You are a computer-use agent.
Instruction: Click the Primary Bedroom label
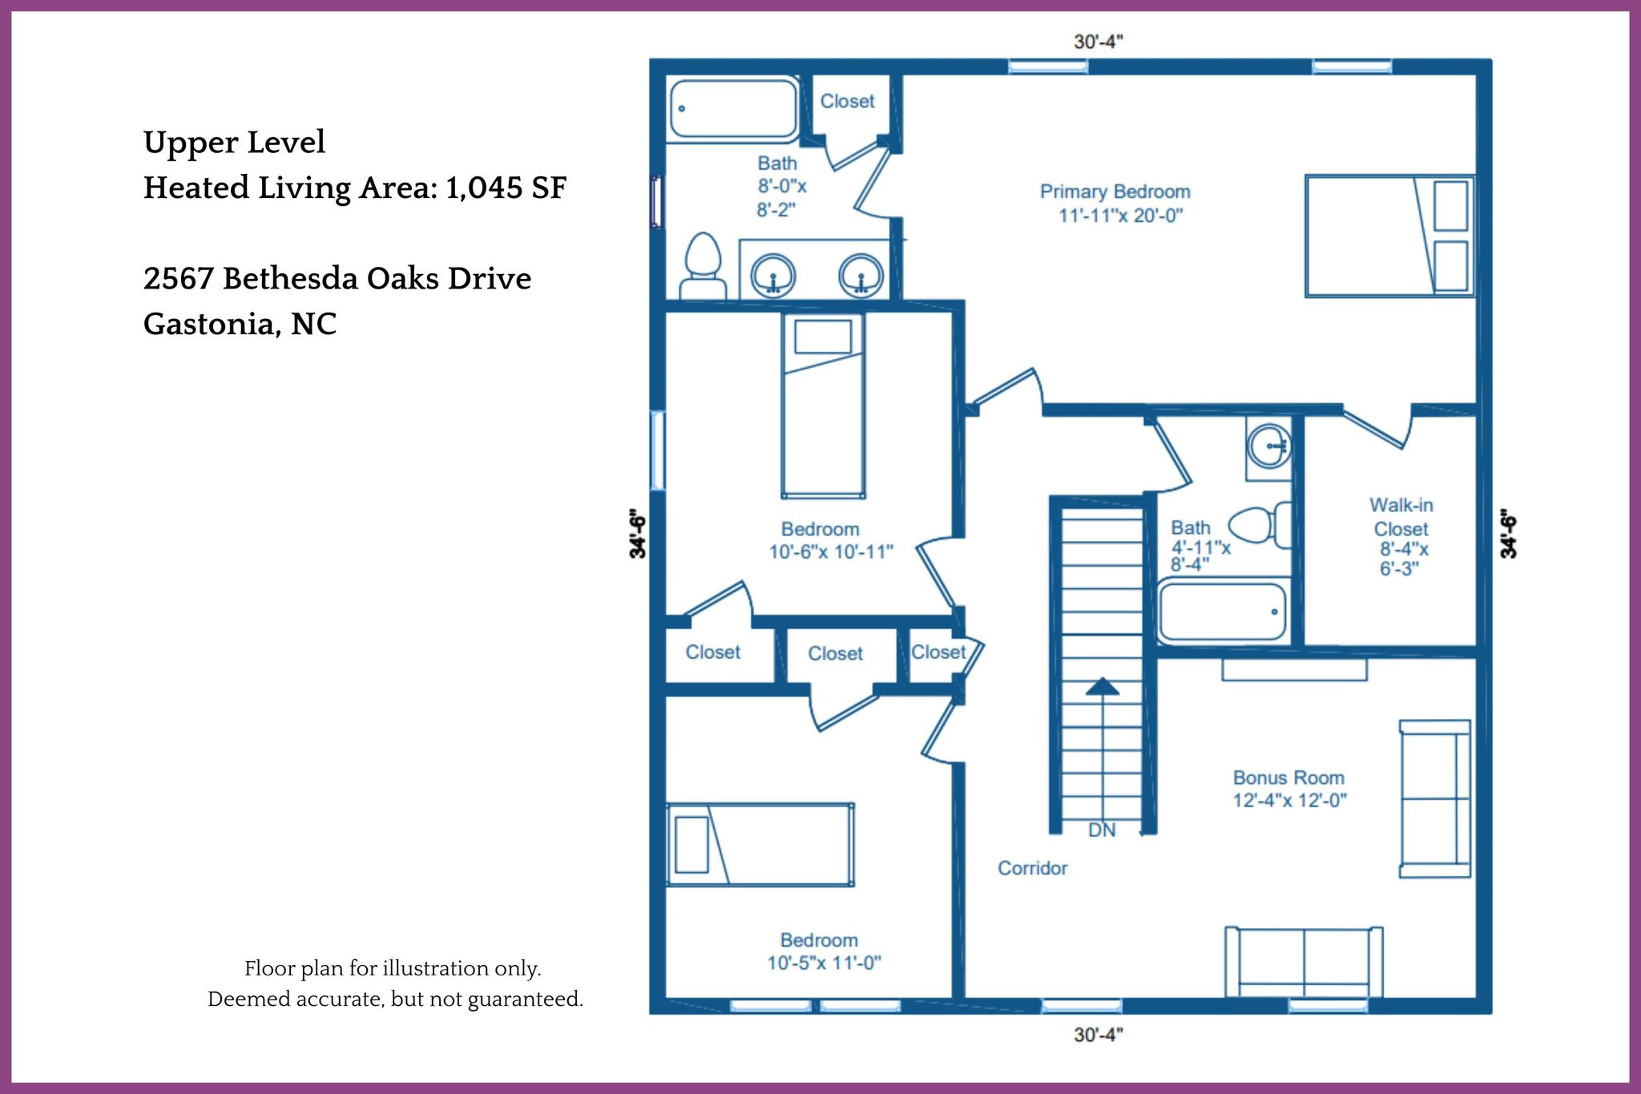coord(1115,204)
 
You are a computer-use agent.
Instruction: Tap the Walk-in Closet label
coord(1401,536)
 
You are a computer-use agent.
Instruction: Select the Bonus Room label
coord(1289,789)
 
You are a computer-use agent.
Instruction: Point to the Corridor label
coord(1032,868)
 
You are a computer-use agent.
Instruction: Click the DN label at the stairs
coord(1102,830)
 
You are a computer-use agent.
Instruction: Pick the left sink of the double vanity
coord(773,276)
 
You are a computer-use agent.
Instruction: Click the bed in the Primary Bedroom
coord(1389,236)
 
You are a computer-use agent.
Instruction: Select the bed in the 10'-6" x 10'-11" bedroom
coord(823,406)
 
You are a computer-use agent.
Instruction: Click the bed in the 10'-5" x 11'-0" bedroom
coord(760,845)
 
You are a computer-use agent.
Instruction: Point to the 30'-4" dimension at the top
coord(1099,41)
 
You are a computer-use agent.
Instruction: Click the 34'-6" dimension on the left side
coord(637,533)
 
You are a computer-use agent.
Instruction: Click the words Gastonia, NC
coord(240,325)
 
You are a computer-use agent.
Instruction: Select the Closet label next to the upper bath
coord(847,101)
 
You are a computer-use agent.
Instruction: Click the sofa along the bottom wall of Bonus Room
coord(1304,962)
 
